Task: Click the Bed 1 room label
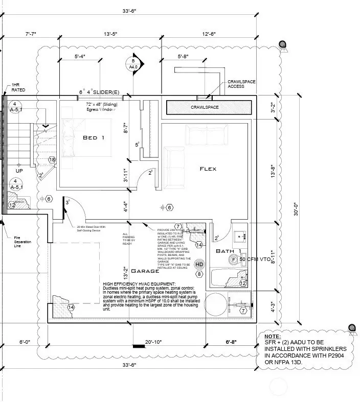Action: (94, 138)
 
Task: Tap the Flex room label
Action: (208, 169)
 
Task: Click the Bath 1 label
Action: (229, 251)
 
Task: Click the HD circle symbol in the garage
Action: (199, 264)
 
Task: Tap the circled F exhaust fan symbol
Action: (234, 259)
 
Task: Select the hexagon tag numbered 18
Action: (52, 160)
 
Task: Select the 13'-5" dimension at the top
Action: (110, 34)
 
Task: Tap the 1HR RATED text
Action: (18, 88)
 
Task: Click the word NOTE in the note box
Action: (273, 337)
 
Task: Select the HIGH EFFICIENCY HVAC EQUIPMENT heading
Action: (139, 283)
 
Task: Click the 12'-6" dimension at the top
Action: (209, 34)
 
